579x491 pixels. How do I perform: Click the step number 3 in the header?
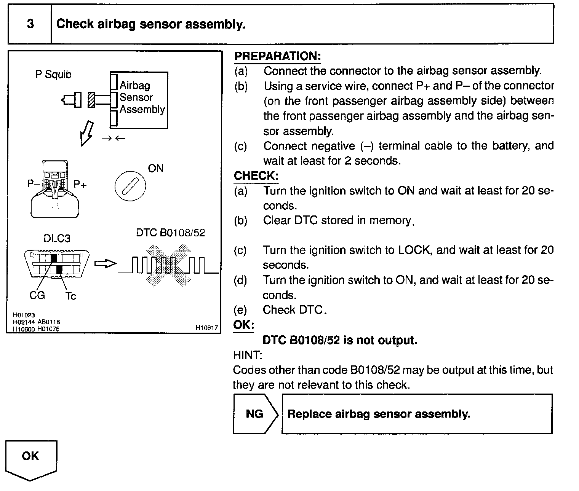point(30,24)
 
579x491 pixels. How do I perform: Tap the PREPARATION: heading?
point(277,56)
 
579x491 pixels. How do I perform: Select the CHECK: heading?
point(256,176)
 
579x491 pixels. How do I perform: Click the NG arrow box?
point(256,414)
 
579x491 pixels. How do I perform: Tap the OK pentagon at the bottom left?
point(31,460)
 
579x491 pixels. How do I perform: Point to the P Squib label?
point(53,75)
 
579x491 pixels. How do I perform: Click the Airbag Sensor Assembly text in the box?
point(142,97)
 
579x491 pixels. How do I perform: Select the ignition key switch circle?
point(130,186)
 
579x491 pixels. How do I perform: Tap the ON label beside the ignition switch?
point(156,169)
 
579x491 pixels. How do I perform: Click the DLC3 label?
point(57,238)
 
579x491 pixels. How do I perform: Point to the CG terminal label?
point(37,295)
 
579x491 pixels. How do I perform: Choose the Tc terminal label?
point(70,296)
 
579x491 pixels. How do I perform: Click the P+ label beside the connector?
point(80,184)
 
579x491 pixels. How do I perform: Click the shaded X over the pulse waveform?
point(169,265)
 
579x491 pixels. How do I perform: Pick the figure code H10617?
point(207,327)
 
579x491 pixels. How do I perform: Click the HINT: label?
point(248,355)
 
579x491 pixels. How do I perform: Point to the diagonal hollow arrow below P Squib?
point(86,134)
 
